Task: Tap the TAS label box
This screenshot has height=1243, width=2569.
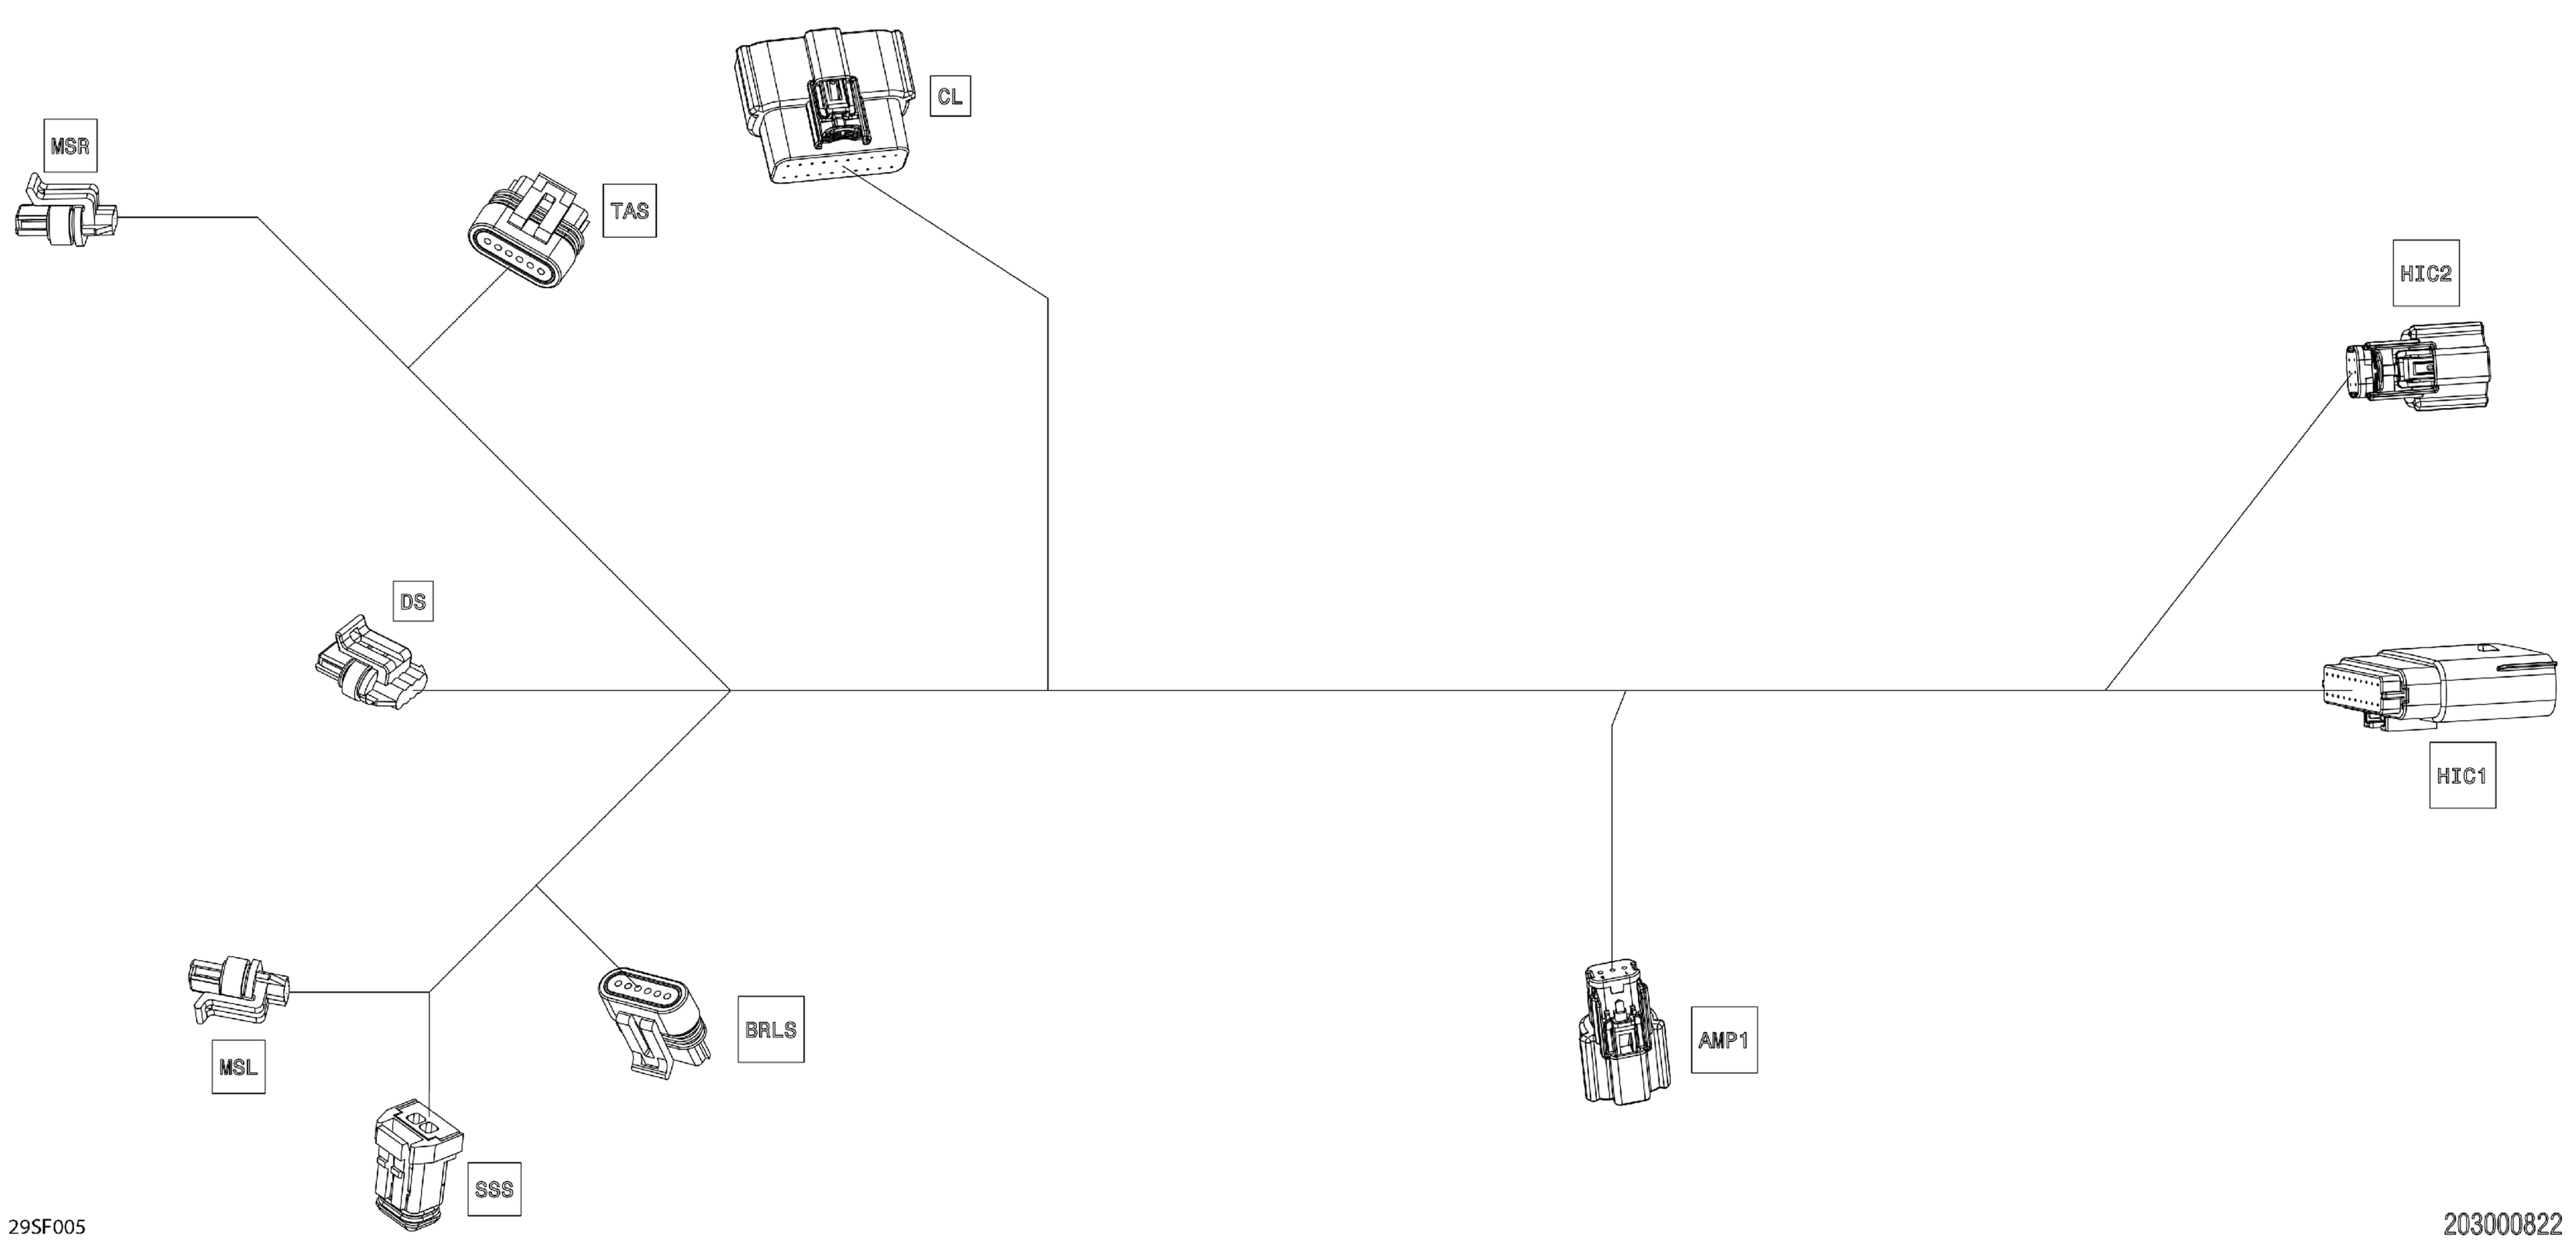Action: tap(629, 211)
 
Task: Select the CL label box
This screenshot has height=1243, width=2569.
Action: tap(949, 96)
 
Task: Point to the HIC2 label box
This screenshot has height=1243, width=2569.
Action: tap(2425, 272)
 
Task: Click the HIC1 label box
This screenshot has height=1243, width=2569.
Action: tap(2462, 775)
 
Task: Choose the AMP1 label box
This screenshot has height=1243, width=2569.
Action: tap(1724, 1040)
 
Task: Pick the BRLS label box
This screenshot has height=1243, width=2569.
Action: tap(770, 1029)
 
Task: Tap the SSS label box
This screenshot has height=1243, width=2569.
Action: tap(494, 1188)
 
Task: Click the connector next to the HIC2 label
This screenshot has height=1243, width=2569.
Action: tap(2413, 366)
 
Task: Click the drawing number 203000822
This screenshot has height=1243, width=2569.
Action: tap(2501, 1223)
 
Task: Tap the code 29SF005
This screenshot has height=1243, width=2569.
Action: tap(47, 1227)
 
